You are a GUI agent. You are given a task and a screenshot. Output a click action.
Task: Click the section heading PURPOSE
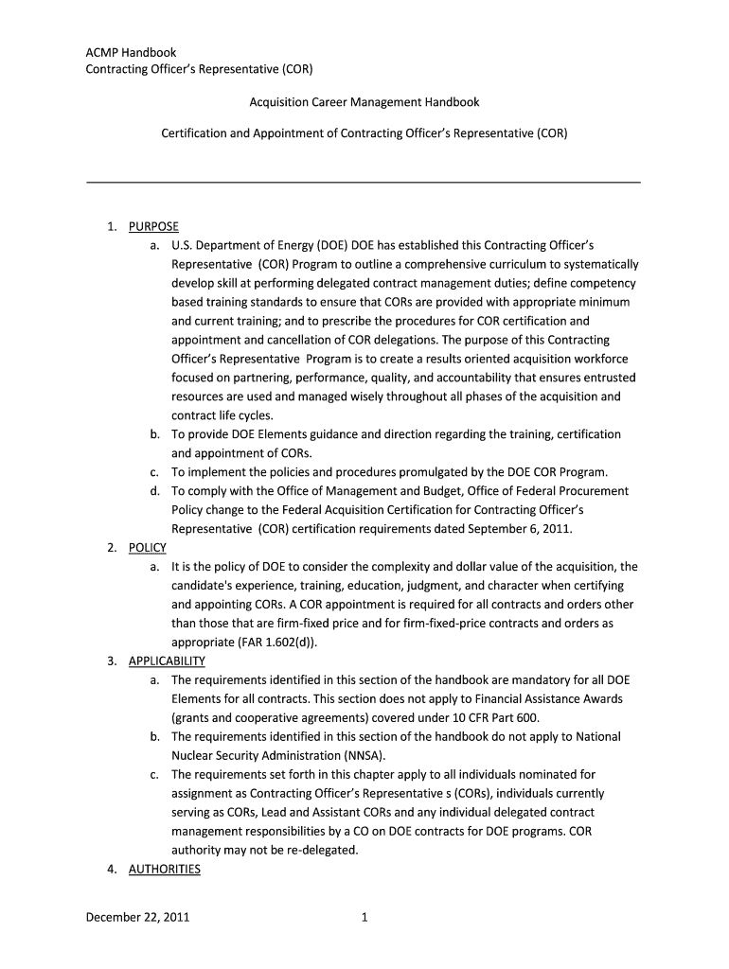click(x=153, y=226)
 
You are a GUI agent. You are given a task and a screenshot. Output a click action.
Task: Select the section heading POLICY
click(x=147, y=548)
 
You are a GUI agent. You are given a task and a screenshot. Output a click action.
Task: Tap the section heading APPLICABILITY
click(x=167, y=661)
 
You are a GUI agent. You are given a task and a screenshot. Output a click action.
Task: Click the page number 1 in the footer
click(x=364, y=917)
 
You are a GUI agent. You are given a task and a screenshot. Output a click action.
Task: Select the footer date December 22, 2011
click(x=137, y=917)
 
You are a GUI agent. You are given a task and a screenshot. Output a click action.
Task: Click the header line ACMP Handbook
click(x=131, y=53)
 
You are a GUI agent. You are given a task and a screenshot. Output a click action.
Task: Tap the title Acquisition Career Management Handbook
click(x=364, y=101)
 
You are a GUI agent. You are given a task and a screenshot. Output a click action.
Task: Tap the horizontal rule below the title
click(x=364, y=182)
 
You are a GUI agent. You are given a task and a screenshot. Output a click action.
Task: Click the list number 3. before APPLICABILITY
click(x=112, y=661)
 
